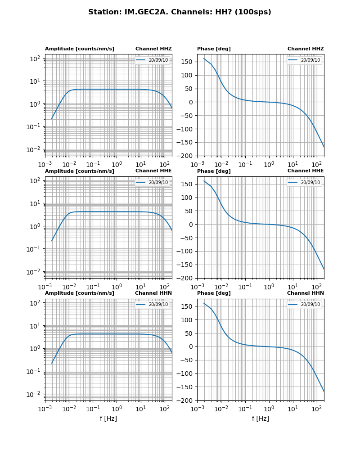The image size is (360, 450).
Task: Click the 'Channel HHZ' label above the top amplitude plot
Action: coord(153,49)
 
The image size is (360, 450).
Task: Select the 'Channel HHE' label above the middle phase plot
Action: coord(306,171)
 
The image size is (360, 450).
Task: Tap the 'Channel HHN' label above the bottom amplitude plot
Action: coord(153,293)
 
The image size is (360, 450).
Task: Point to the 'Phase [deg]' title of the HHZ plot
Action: coord(214,49)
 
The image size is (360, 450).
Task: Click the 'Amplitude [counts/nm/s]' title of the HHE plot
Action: coord(80,171)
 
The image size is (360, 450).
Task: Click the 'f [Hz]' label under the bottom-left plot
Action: coord(108,418)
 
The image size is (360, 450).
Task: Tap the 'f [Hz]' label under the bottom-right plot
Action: coord(261,418)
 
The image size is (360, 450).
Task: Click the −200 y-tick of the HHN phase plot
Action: coord(185,400)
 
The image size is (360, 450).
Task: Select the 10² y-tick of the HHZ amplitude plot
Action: coord(35,58)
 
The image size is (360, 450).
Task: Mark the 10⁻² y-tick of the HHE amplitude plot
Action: coord(34,272)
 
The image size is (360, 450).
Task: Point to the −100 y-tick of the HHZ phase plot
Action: coord(185,129)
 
